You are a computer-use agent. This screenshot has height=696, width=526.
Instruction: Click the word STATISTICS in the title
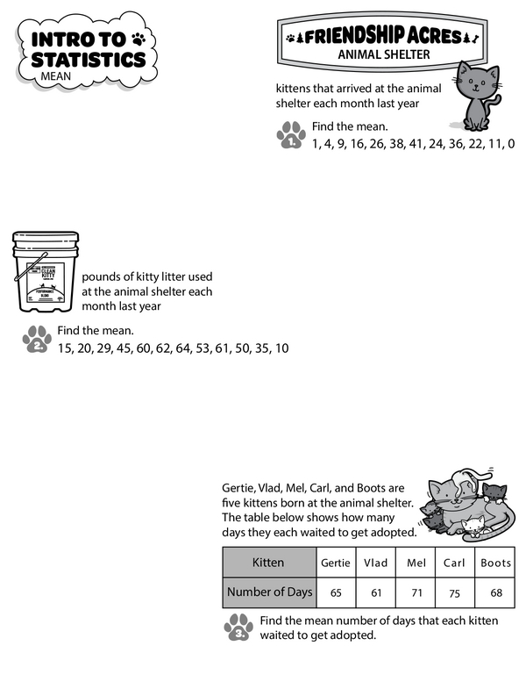[x=89, y=59]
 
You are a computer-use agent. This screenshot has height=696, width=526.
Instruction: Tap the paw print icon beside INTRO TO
[x=139, y=39]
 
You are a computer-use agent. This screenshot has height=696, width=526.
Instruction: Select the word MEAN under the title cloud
[x=54, y=76]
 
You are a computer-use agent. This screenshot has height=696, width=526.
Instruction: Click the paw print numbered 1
[x=290, y=135]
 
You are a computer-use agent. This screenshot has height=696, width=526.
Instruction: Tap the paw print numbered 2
[x=37, y=339]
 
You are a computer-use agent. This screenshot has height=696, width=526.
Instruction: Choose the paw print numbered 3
[x=238, y=628]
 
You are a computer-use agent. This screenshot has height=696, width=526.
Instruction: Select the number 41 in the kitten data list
[x=412, y=143]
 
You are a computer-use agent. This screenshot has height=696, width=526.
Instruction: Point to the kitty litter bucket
[x=45, y=273]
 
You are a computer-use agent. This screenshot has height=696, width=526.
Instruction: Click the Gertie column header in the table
[x=336, y=563]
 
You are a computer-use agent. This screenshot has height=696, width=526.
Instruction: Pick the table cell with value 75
[x=453, y=592]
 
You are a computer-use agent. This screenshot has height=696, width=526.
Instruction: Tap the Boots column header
[x=496, y=563]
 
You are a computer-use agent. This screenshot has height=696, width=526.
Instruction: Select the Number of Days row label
[x=269, y=592]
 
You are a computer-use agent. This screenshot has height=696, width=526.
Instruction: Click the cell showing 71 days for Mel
[x=414, y=592]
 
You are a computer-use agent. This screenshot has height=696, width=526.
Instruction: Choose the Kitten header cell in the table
[x=268, y=563]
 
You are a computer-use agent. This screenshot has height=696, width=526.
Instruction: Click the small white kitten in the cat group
[x=474, y=526]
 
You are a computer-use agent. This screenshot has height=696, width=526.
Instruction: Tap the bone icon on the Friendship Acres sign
[x=473, y=37]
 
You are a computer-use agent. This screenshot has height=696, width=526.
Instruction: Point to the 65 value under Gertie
[x=336, y=592]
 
